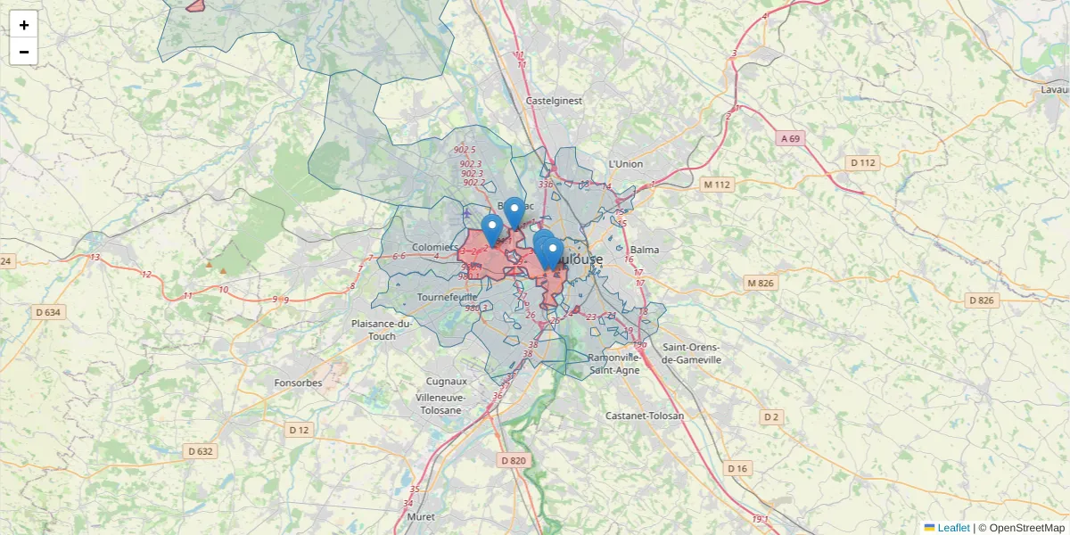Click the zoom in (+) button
coord(24,25)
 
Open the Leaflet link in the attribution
coord(953,528)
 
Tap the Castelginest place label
coord(554,101)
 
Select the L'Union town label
coord(625,164)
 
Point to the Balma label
coord(645,250)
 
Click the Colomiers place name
coord(435,247)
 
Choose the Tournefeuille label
coord(448,296)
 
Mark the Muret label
coord(420,516)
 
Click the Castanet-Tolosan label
coord(645,416)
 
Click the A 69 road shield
coord(791,138)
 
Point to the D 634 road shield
coord(48,312)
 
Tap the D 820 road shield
coord(514,460)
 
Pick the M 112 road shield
coord(716,185)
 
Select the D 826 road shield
coord(980,300)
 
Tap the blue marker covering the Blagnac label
coord(514,211)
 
